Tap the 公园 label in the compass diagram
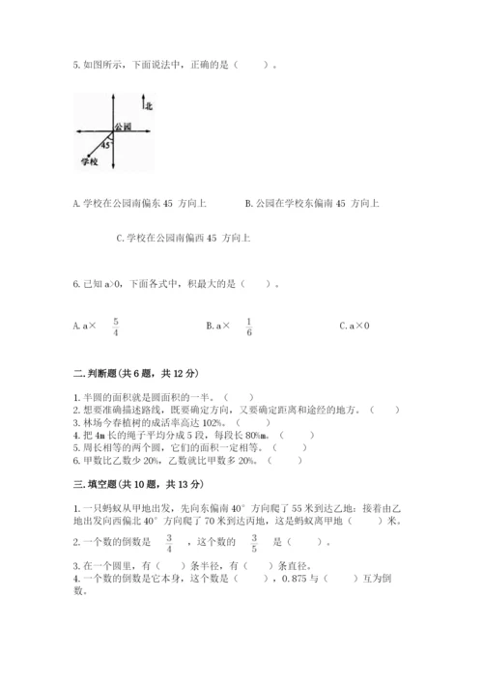click(122, 127)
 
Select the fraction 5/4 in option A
click(115, 326)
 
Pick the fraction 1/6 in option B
click(248, 326)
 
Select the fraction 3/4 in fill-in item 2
click(168, 541)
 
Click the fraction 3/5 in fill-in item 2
click(255, 541)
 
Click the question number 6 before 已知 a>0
click(75, 284)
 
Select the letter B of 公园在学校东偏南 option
click(248, 203)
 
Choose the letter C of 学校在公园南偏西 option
click(118, 237)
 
